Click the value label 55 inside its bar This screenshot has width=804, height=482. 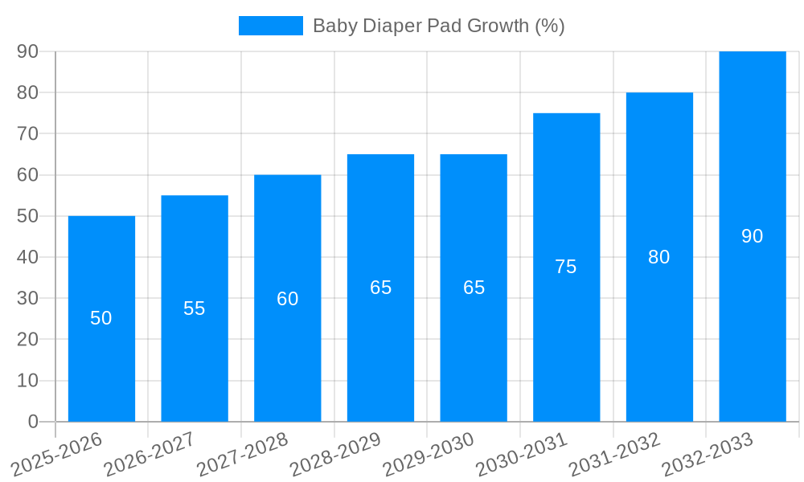(195, 308)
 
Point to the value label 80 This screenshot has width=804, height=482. (658, 257)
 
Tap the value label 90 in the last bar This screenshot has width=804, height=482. (752, 236)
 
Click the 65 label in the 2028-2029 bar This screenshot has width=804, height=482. (380, 288)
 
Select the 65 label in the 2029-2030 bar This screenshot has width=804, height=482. (474, 288)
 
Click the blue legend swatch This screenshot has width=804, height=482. (270, 26)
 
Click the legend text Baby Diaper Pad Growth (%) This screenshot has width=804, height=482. (438, 26)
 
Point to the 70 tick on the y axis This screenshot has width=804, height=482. (27, 133)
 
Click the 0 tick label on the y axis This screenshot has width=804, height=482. (33, 422)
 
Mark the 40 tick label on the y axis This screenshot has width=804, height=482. (27, 257)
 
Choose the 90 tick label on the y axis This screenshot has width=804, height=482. (27, 51)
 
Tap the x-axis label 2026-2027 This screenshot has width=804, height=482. (150, 454)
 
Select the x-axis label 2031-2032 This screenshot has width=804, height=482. (615, 454)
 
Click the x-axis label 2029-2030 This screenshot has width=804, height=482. (429, 454)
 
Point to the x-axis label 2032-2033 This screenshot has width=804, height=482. (708, 454)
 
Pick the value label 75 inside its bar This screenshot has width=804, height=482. (566, 267)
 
